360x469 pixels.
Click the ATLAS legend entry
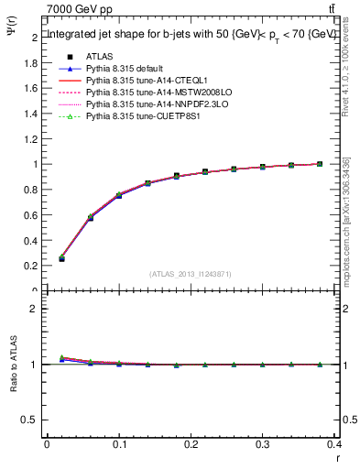tap(99, 57)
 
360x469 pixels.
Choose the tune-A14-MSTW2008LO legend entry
tap(149, 93)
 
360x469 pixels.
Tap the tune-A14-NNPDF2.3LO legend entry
tap(149, 104)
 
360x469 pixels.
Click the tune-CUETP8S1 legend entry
tap(140, 116)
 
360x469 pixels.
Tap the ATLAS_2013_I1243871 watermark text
tap(191, 274)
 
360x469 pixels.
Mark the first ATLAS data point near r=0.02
tap(61, 259)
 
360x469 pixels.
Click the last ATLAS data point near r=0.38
tap(320, 164)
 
